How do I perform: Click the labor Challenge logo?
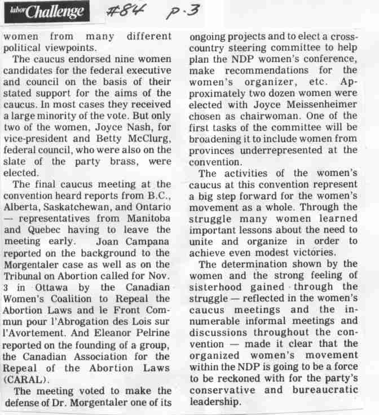(x=45, y=11)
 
